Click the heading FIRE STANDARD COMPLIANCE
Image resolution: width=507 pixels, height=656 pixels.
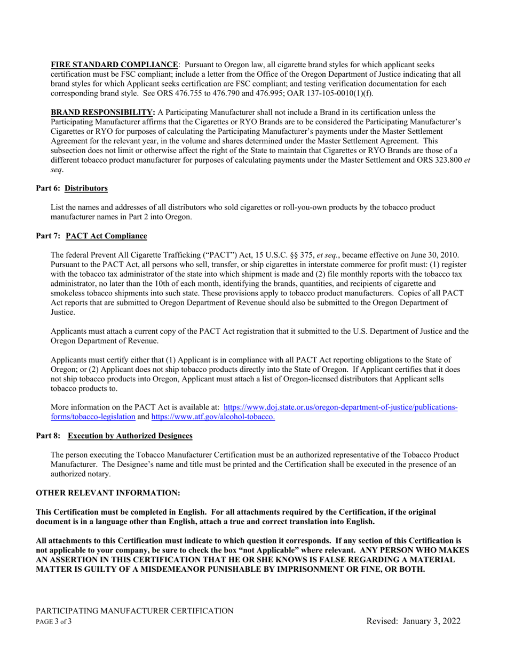point(114,65)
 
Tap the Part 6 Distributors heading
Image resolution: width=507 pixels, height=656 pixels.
point(72,188)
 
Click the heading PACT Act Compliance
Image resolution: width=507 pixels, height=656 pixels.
point(106,236)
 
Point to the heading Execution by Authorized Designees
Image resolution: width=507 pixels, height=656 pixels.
point(130,436)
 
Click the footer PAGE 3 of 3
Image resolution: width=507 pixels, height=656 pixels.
point(54,621)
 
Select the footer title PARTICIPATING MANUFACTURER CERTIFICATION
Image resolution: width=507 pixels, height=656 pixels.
point(134,611)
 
